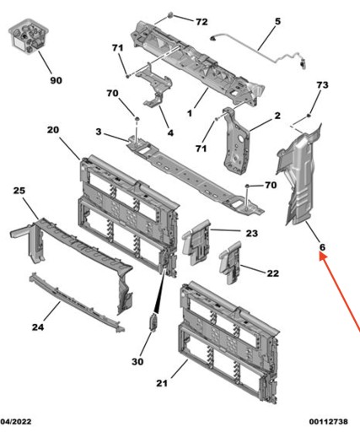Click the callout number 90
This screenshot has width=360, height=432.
pyautogui.click(x=56, y=80)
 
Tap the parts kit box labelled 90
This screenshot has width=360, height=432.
pyautogui.click(x=29, y=35)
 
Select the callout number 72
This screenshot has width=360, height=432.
pyautogui.click(x=201, y=22)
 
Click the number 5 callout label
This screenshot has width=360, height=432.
pyautogui.click(x=277, y=21)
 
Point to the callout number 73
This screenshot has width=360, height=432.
pyautogui.click(x=322, y=85)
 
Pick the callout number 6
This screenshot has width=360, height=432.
pyautogui.click(x=322, y=247)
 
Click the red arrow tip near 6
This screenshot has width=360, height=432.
pyautogui.click(x=320, y=253)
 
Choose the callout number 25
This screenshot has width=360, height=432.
pyautogui.click(x=19, y=191)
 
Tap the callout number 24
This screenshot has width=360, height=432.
pyautogui.click(x=38, y=327)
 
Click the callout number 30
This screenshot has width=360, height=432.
pyautogui.click(x=137, y=361)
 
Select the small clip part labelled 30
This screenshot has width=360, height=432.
pyautogui.click(x=153, y=322)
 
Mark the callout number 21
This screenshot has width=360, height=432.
pyautogui.click(x=162, y=383)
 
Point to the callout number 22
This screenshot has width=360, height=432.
pyautogui.click(x=272, y=273)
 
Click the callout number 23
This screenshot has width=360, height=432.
pyautogui.click(x=252, y=233)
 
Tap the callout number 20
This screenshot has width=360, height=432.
pyautogui.click(x=53, y=130)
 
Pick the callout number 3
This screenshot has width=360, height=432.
pyautogui.click(x=99, y=132)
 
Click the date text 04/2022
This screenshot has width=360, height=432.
pyautogui.click(x=16, y=422)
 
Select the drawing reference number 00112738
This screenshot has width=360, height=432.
pyautogui.click(x=329, y=422)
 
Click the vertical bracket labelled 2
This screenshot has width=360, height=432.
pyautogui.click(x=236, y=141)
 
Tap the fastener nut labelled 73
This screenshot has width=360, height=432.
pyautogui.click(x=309, y=116)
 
